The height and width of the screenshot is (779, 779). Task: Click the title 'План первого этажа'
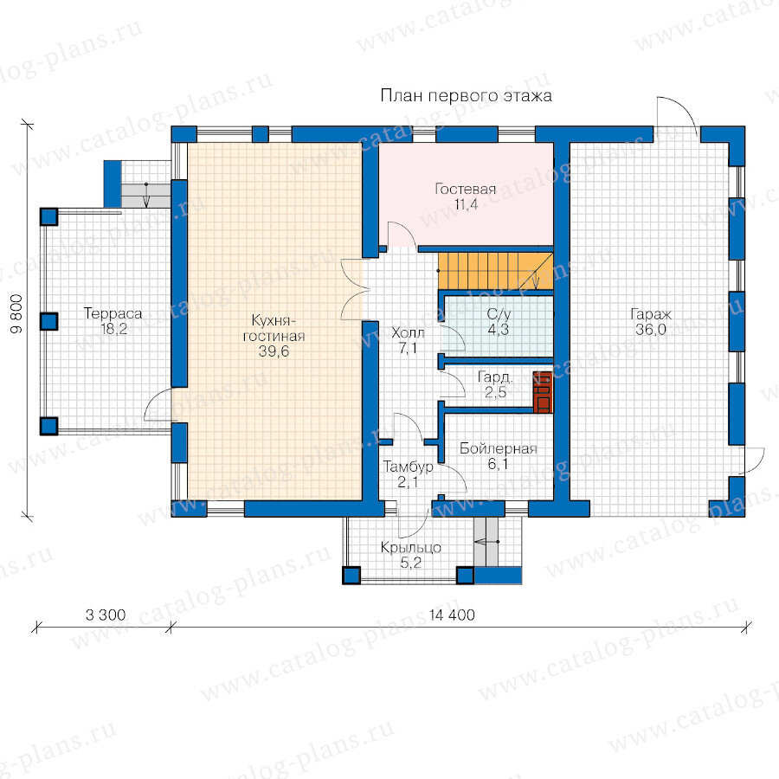(x=466, y=95)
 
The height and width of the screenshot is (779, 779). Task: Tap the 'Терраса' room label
(x=113, y=313)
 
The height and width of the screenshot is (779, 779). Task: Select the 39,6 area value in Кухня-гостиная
(x=274, y=351)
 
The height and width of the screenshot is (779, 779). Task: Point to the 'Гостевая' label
(x=466, y=189)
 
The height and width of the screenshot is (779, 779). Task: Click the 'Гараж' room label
(x=651, y=314)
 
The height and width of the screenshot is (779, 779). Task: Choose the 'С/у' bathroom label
(x=499, y=314)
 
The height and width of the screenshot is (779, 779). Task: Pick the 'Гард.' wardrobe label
(x=494, y=377)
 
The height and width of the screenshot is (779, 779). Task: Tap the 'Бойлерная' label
(x=499, y=448)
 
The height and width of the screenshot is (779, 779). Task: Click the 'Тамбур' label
(x=408, y=467)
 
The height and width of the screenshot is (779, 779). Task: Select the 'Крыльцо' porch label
(x=411, y=548)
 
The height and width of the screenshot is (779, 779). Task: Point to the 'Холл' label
(x=408, y=332)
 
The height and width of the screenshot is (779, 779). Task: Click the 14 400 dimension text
(x=452, y=615)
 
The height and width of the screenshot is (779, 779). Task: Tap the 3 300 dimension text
(x=106, y=615)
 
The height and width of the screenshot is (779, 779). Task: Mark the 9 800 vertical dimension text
(x=16, y=313)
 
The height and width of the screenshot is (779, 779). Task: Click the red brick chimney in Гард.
(x=543, y=392)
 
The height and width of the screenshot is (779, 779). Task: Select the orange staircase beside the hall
(x=495, y=270)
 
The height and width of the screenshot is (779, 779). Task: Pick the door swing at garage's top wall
(x=676, y=112)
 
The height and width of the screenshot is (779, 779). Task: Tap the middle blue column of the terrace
(x=48, y=321)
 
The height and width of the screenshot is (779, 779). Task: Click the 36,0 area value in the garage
(x=651, y=330)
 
